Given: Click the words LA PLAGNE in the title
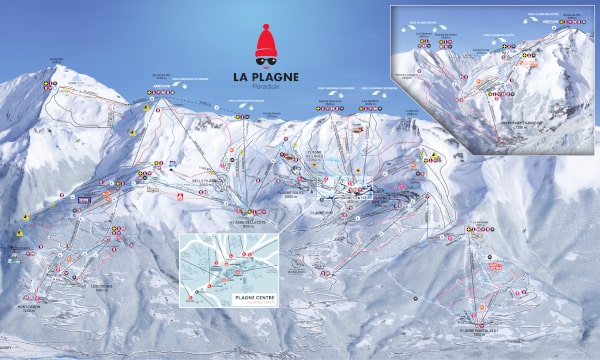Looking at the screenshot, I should point(266,77).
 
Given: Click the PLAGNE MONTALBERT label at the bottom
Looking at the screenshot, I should point(478,327).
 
